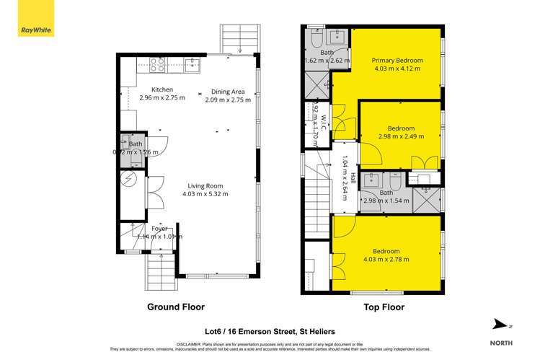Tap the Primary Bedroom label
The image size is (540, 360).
click(x=397, y=61)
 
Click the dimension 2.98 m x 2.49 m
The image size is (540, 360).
click(x=401, y=135)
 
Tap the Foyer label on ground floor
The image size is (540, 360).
click(x=159, y=229)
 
